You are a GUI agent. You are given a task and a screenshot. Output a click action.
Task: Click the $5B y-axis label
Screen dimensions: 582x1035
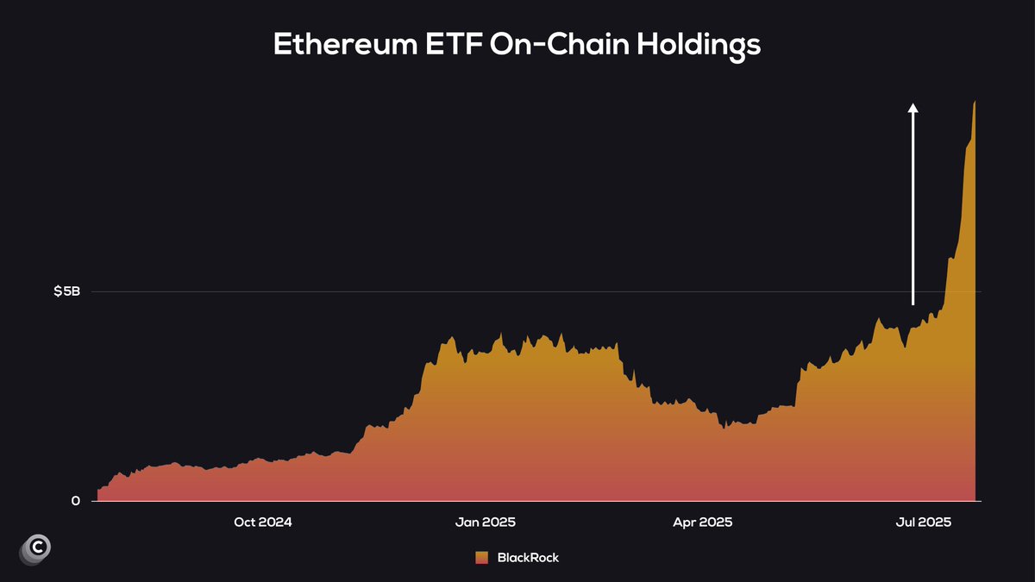coord(66,291)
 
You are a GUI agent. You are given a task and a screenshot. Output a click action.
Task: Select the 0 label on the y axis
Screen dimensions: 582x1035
coord(76,501)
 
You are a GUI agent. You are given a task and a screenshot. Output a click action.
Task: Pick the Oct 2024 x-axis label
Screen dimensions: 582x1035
coord(263,523)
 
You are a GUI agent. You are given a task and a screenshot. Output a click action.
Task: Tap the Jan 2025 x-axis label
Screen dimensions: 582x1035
coord(485,523)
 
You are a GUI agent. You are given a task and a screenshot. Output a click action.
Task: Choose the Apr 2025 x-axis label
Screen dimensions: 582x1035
coord(703,523)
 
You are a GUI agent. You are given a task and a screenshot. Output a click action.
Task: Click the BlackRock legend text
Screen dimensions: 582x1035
coord(528,558)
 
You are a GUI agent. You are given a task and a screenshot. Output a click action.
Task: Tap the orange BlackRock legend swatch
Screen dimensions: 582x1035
coord(481,558)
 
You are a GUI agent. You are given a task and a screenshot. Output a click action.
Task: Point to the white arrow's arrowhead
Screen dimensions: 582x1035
coord(913,108)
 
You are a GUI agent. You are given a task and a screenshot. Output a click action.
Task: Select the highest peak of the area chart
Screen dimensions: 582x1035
coord(975,102)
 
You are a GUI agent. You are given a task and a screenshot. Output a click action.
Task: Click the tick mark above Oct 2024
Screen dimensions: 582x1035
coord(263,504)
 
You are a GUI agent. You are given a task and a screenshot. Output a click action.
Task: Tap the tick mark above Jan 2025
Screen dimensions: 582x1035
coord(485,504)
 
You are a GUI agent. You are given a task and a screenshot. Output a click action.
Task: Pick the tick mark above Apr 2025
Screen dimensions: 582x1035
coord(703,504)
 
